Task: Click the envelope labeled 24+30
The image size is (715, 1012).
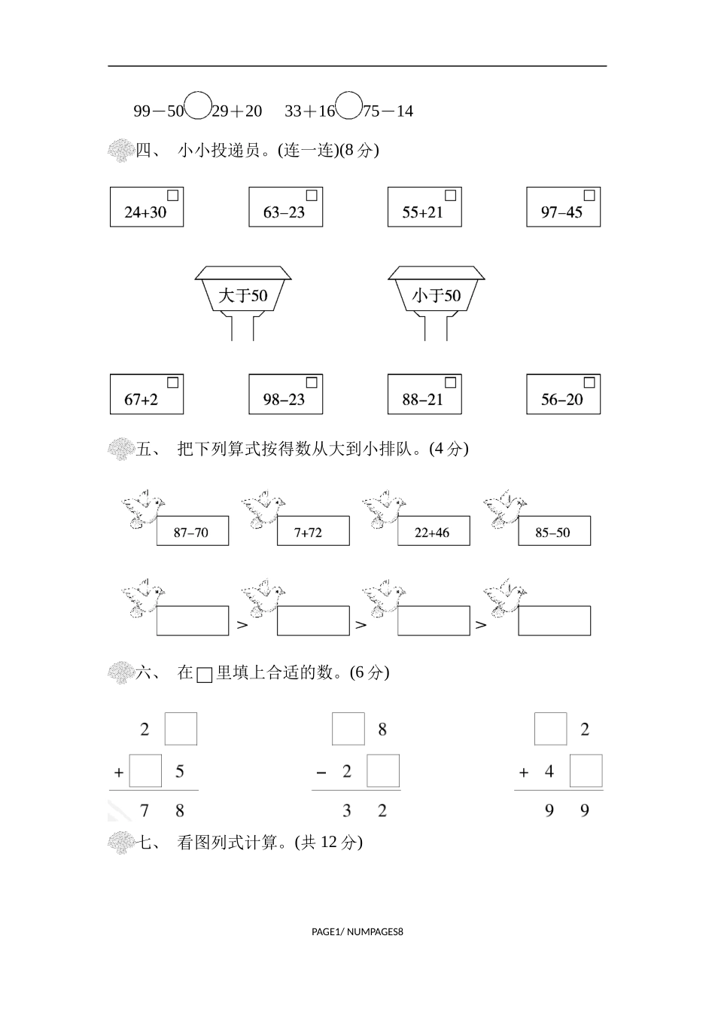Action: pos(147,207)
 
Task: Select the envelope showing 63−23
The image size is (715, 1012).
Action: pos(286,207)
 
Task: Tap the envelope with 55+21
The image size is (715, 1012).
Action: pos(424,207)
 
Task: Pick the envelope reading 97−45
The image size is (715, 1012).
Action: pos(563,207)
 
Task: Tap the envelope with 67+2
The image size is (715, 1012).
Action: pos(147,394)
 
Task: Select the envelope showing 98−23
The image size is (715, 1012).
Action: pos(286,394)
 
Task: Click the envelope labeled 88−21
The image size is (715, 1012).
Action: pos(424,394)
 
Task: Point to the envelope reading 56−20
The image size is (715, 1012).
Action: pos(563,394)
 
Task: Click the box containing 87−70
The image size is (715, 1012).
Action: pos(192,532)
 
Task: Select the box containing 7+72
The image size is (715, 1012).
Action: pos(313,532)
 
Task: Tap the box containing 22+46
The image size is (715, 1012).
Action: pos(434,532)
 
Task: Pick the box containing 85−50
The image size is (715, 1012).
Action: pos(554,532)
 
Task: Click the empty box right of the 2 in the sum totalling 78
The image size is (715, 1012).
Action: pos(181,729)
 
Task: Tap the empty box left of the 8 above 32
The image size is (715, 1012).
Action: pos(348,729)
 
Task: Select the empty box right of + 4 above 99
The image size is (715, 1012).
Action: pos(586,771)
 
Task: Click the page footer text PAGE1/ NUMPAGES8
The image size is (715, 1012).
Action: pos(357,932)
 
